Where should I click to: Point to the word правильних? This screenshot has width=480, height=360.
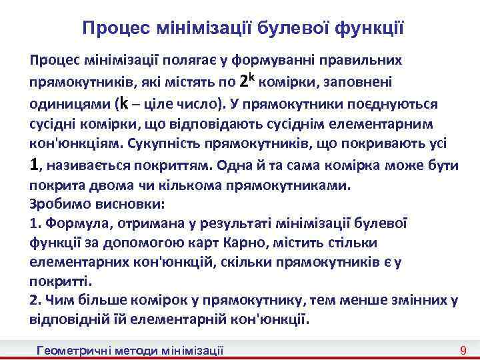click(363, 60)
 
